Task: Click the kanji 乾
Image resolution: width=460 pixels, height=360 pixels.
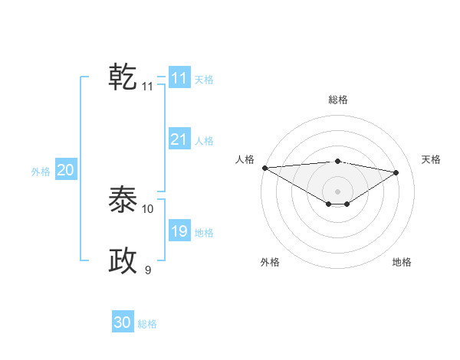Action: (123, 77)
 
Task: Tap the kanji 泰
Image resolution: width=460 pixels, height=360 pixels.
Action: (123, 200)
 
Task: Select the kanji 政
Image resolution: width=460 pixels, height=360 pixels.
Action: (123, 261)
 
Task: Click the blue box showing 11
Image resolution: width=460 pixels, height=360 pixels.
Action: (179, 78)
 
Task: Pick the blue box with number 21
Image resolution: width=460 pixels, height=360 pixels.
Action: (179, 139)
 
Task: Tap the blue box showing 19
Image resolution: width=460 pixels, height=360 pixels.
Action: (179, 231)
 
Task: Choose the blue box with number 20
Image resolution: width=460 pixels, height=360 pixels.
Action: (65, 170)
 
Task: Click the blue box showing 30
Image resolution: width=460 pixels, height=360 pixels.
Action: (123, 322)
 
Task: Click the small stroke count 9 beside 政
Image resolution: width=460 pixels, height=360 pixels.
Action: (148, 270)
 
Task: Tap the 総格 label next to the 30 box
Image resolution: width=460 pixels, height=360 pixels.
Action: (147, 324)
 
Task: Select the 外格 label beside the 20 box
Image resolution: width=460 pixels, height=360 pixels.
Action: (41, 172)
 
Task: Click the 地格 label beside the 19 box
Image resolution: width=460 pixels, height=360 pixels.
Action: (204, 233)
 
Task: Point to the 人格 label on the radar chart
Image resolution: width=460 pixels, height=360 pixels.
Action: (245, 159)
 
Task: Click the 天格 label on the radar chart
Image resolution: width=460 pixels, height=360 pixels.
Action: (431, 159)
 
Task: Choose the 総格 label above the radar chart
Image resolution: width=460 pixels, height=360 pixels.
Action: (337, 100)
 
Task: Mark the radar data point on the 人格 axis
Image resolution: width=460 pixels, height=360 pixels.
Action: (264, 168)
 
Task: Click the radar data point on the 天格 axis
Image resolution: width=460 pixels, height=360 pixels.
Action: (396, 172)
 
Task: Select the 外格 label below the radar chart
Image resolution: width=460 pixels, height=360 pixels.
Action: (270, 262)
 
